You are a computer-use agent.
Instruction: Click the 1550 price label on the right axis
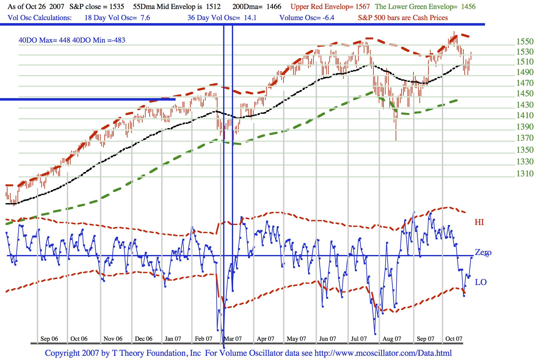525,42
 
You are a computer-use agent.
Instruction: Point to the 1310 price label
525,173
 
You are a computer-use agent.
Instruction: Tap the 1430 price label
525,105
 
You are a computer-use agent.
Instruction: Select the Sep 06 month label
49,339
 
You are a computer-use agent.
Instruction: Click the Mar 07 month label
233,339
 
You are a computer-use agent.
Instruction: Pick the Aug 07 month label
392,339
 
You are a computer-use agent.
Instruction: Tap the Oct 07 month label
454,339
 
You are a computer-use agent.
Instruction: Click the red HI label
479,222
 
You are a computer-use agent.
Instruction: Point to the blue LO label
481,282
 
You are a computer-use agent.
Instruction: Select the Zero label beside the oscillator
483,253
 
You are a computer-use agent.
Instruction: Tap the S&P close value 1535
116,7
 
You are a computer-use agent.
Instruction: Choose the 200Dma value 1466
274,7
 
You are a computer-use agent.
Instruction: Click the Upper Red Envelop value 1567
362,7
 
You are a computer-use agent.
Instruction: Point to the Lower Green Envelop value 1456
468,7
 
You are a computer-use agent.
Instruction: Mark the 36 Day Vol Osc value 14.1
250,18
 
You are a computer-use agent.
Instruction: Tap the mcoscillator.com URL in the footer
383,353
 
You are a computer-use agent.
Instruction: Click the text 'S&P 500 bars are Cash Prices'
403,18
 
